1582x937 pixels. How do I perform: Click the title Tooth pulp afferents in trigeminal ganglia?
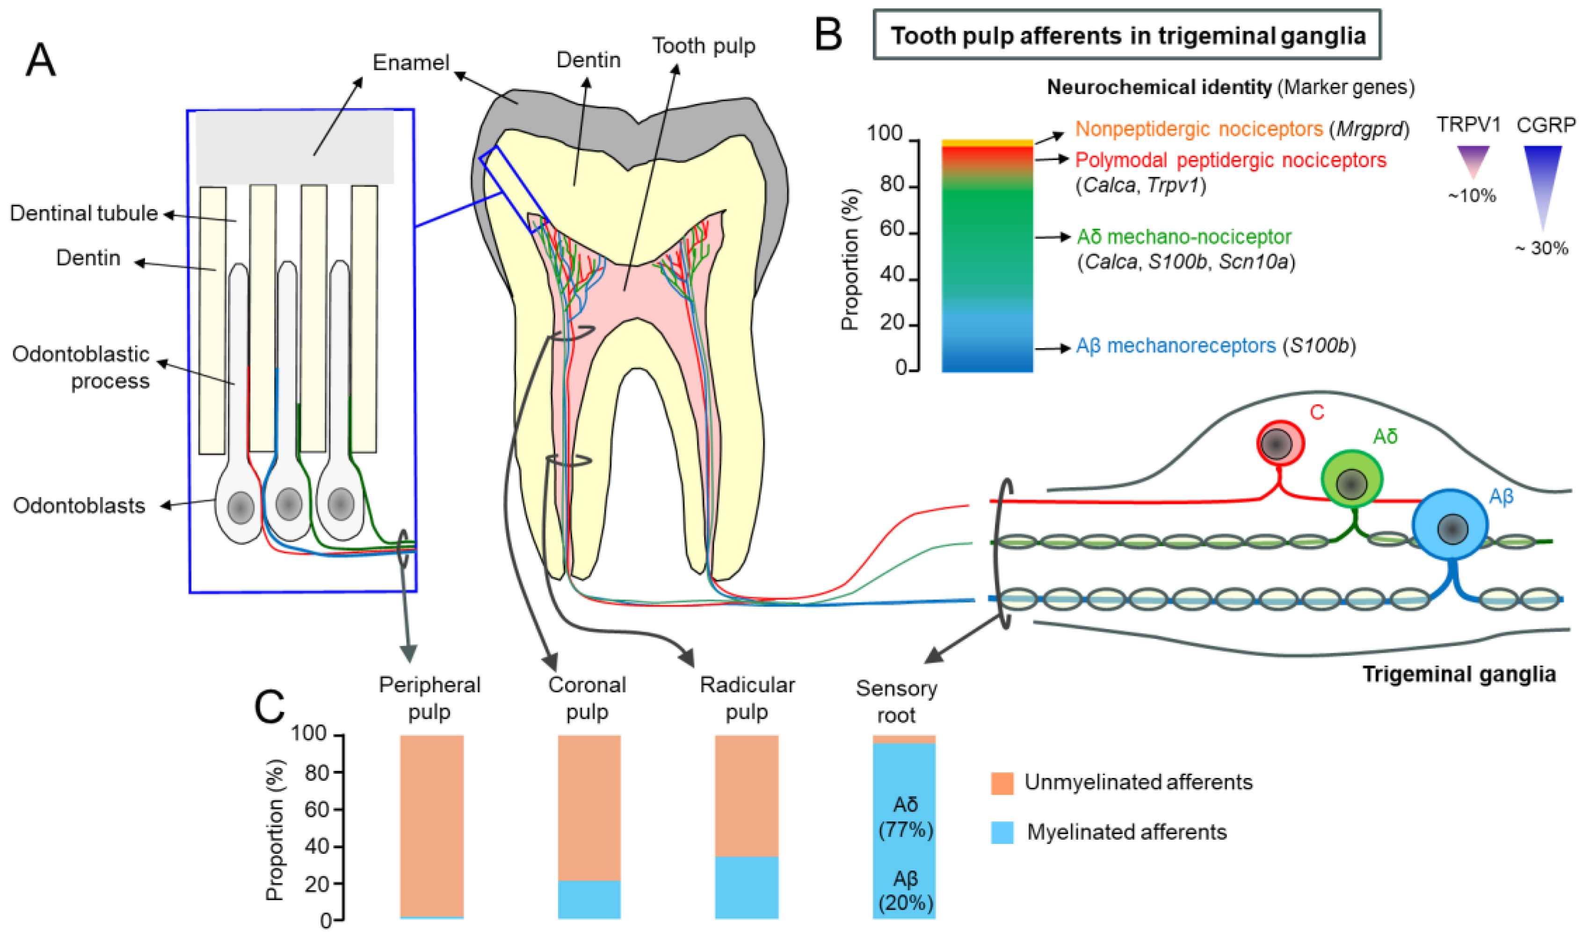pyautogui.click(x=1127, y=36)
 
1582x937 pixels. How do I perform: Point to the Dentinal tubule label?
pyautogui.click(x=84, y=213)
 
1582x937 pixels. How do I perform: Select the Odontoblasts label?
pyautogui.click(x=79, y=506)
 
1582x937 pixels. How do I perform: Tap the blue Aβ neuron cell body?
pyautogui.click(x=1450, y=525)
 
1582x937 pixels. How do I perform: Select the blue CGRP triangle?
pyautogui.click(x=1542, y=177)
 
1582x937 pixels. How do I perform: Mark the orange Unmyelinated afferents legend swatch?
pyautogui.click(x=1002, y=783)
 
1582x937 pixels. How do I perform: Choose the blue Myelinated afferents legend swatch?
pyautogui.click(x=1002, y=832)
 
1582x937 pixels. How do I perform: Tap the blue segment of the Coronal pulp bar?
pyautogui.click(x=589, y=899)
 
